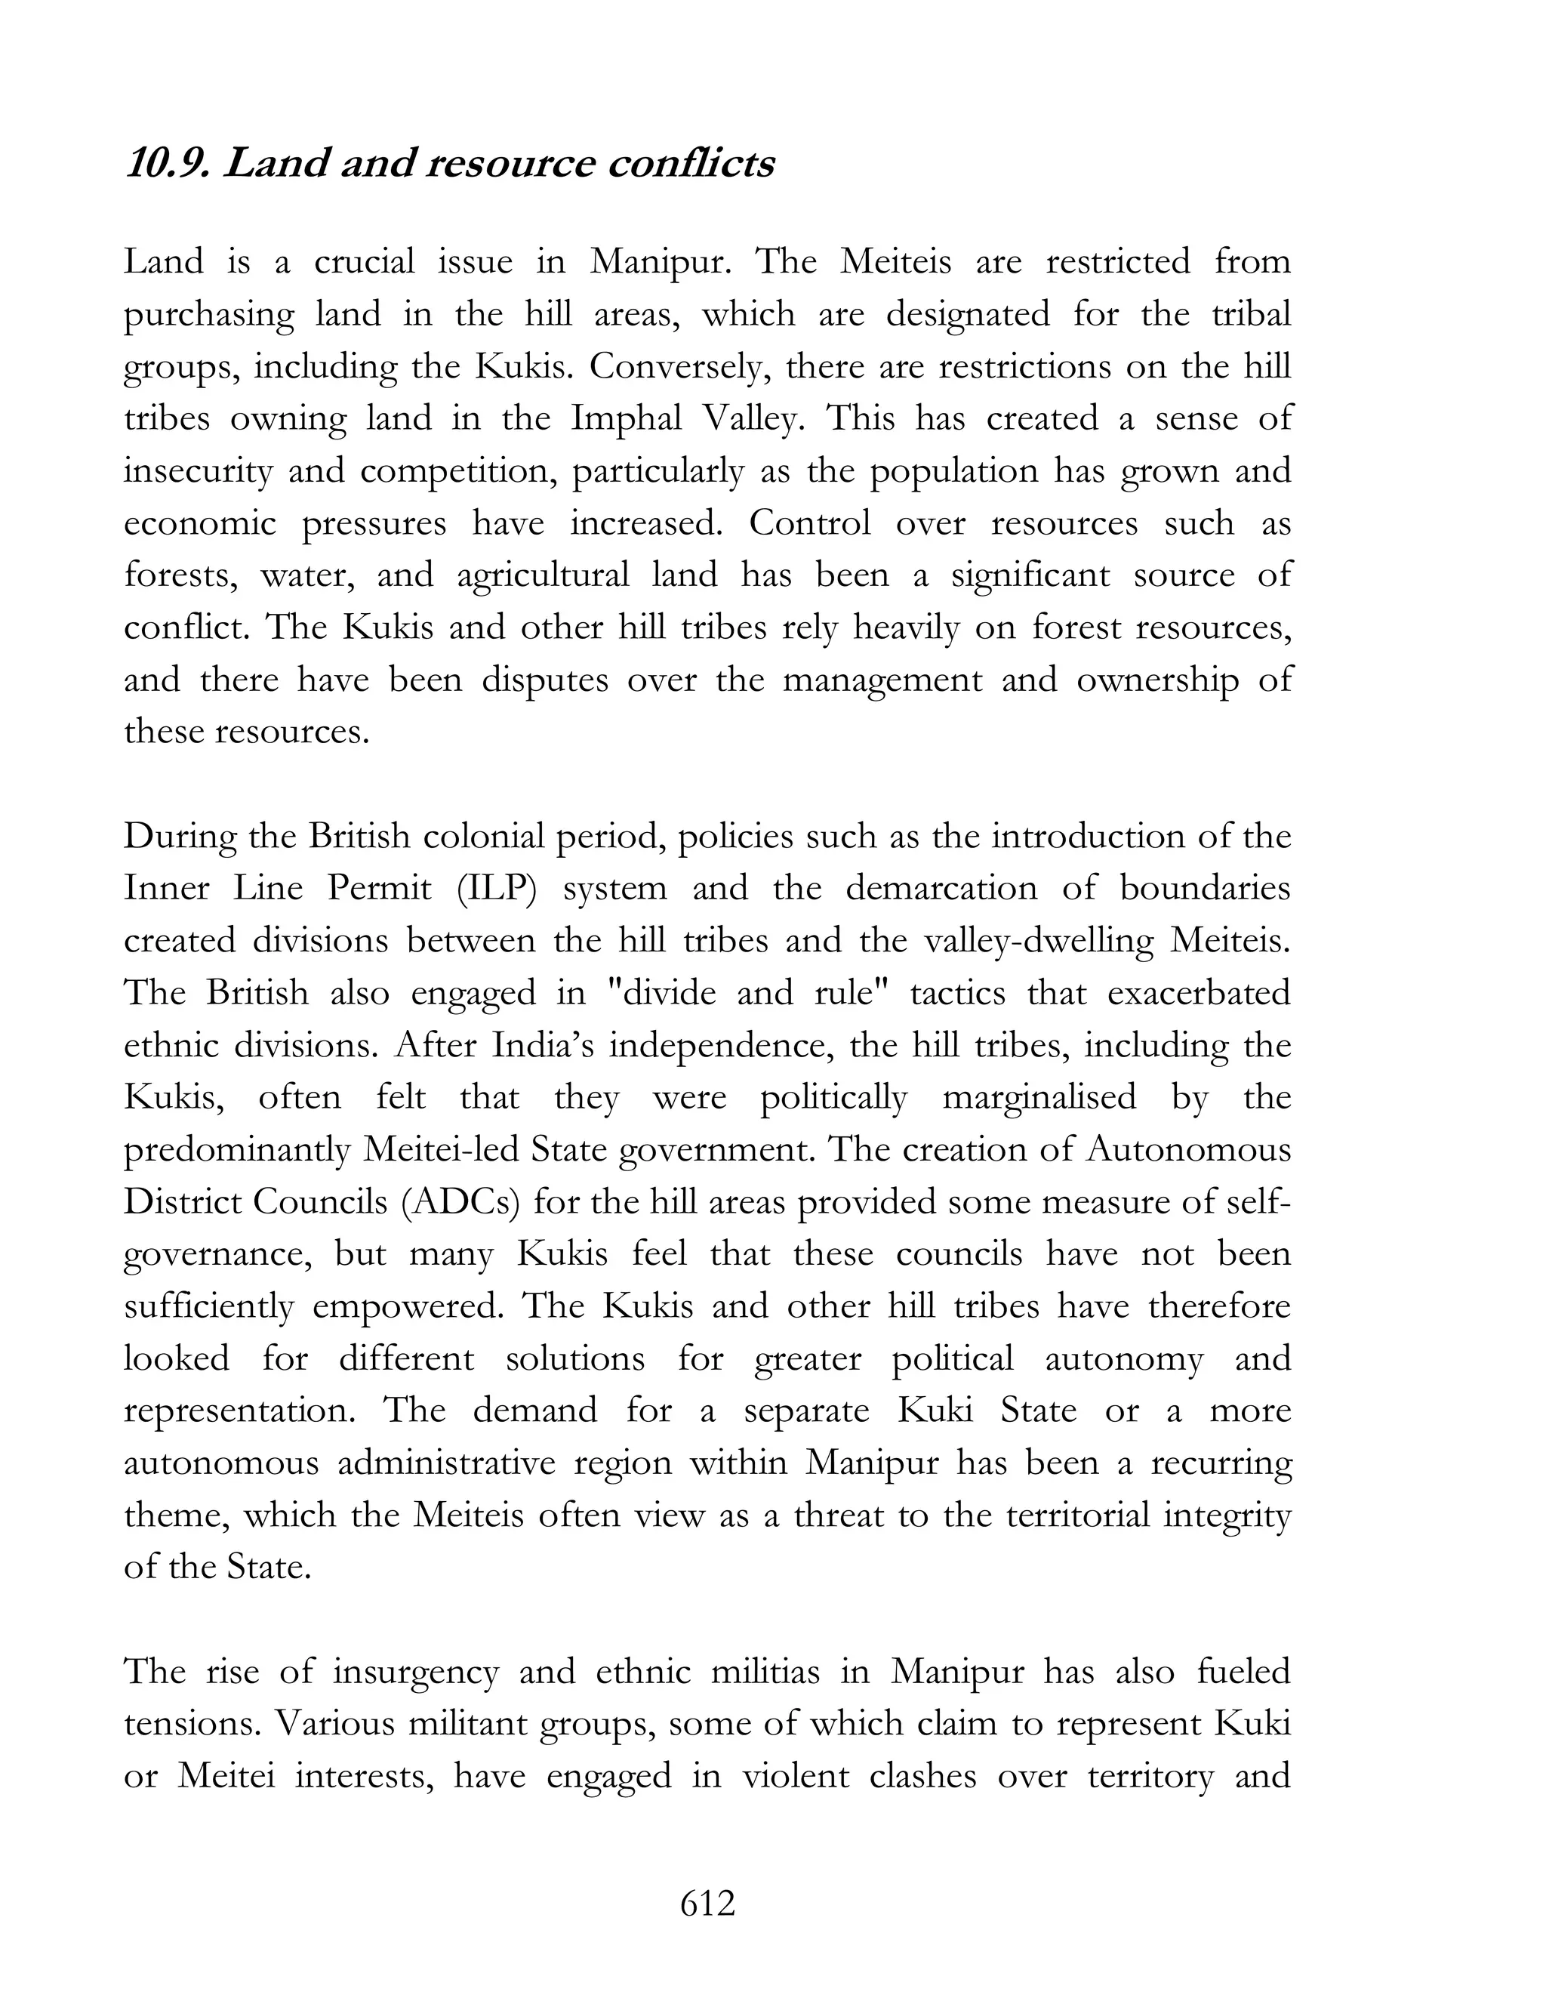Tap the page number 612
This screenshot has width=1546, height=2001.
click(x=708, y=1904)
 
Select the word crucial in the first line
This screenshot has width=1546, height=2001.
click(x=364, y=263)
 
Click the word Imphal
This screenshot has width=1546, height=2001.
click(x=627, y=420)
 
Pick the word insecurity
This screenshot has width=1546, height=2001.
click(x=198, y=472)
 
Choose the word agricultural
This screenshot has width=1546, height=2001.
click(x=542, y=576)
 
